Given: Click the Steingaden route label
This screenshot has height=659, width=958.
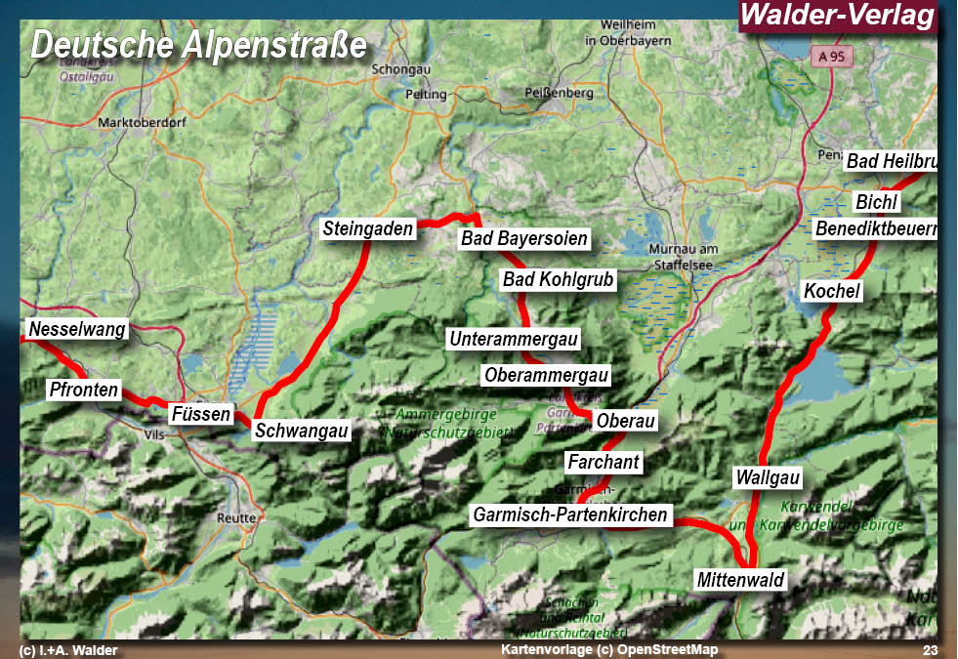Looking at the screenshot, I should (x=368, y=230).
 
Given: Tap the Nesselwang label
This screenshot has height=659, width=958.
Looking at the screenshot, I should (x=77, y=329).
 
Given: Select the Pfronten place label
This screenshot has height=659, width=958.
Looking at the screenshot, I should (x=83, y=391).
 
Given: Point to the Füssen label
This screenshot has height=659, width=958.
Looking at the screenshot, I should (x=201, y=414).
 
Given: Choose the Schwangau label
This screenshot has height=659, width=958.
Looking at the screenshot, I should (x=302, y=431).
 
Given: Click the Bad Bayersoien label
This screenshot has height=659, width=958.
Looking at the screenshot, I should (x=524, y=239).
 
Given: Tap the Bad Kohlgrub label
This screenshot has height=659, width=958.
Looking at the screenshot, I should (x=559, y=280).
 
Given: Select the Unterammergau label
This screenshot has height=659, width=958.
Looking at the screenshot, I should (x=514, y=340).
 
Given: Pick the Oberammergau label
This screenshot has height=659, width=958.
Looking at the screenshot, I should (x=546, y=375).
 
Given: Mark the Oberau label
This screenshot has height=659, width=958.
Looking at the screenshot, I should (x=626, y=421).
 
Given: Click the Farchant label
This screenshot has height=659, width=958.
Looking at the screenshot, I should (x=603, y=461).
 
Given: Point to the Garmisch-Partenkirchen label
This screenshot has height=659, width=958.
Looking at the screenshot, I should (x=570, y=515).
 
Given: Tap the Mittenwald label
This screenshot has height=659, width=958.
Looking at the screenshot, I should (x=740, y=580).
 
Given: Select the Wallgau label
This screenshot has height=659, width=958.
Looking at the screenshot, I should (x=768, y=478).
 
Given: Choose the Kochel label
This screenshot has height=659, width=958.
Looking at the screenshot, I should (x=832, y=291).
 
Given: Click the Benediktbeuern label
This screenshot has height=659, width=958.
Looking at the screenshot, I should (x=875, y=229).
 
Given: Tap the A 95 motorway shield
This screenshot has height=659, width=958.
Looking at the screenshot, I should (x=831, y=57).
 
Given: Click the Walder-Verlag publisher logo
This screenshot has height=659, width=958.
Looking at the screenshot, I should (x=837, y=16).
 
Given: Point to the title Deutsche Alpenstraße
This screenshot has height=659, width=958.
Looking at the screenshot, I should (x=198, y=44).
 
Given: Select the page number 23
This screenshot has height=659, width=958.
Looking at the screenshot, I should (x=929, y=650).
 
